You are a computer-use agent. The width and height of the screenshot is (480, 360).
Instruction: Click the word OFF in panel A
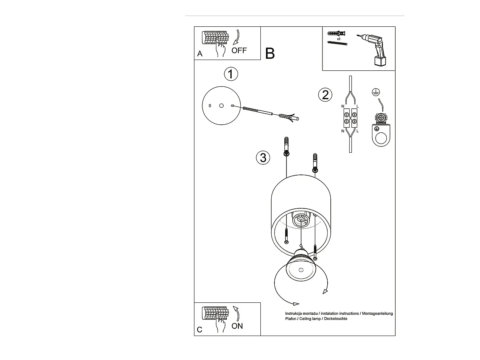pos(239,50)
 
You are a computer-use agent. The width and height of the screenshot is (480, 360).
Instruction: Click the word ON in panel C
pos(237,326)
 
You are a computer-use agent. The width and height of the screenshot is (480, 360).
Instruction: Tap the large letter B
pos(270,54)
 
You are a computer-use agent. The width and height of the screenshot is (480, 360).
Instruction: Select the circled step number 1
pos(230,74)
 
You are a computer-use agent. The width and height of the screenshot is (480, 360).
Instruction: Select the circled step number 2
pos(325,95)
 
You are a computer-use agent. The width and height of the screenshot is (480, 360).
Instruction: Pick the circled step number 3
pos(263,158)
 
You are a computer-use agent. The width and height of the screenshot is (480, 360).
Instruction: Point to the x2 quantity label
pos(338,39)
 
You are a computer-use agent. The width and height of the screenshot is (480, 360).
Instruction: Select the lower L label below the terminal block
pos(358,131)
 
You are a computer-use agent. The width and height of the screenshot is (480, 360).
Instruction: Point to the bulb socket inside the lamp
pos(300,220)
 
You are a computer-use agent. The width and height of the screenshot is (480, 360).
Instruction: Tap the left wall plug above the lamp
pos(286,146)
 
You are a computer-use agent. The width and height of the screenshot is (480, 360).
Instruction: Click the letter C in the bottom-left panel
pos(200,330)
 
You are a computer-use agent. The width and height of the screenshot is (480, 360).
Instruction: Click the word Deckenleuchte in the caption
pos(336,319)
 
